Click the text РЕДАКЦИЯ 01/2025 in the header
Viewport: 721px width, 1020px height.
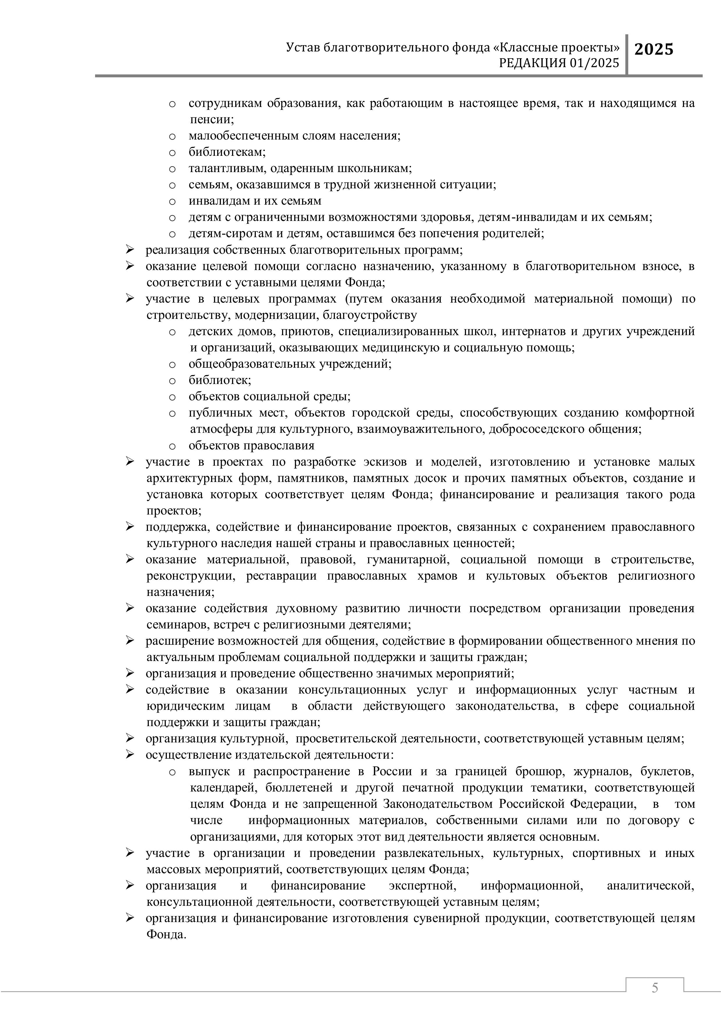tap(559, 64)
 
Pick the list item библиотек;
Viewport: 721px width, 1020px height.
tap(220, 380)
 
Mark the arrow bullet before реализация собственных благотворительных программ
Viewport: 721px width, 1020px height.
tap(130, 250)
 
